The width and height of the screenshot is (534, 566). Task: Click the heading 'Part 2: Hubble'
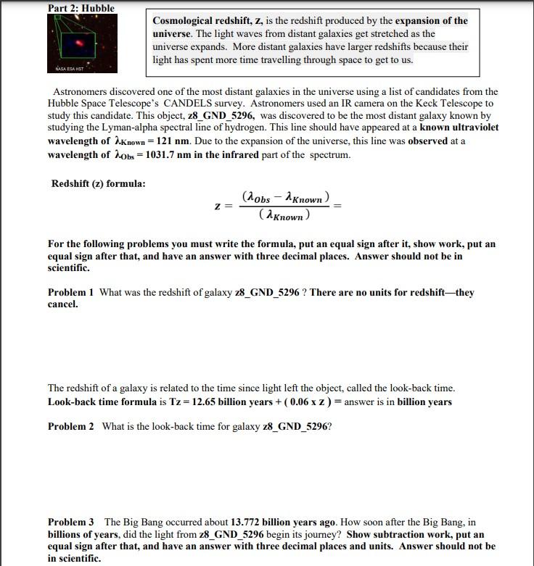(81, 8)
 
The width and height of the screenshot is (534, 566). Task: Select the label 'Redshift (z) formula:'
(98, 183)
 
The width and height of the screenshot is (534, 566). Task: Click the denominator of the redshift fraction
(284, 215)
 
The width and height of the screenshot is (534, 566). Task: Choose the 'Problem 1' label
(71, 293)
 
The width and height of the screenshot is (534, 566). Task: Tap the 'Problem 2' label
(71, 426)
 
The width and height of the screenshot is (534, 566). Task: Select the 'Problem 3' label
(71, 523)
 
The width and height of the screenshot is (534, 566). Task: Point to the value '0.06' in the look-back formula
(299, 402)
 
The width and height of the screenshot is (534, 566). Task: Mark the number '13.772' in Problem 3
(247, 523)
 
